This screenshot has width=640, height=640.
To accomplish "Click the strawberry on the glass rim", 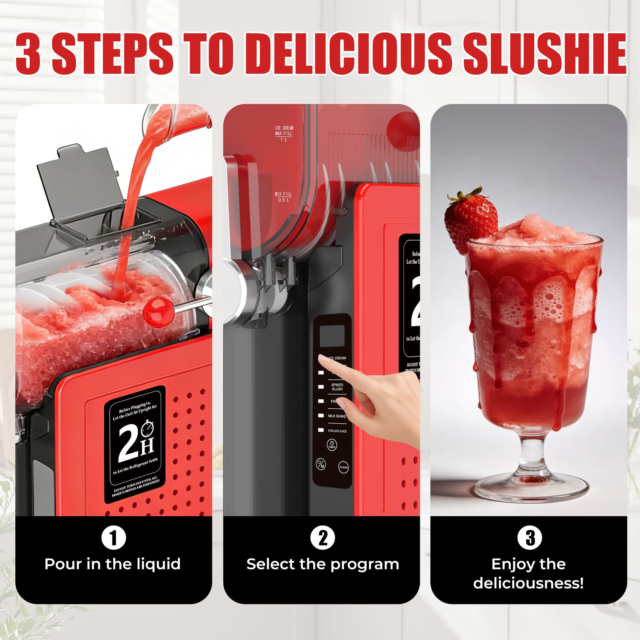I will (x=470, y=219).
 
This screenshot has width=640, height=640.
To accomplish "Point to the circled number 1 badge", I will (x=114, y=538).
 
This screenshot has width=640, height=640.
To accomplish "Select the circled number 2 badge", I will (x=323, y=538).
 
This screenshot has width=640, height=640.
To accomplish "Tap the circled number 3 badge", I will (x=530, y=538).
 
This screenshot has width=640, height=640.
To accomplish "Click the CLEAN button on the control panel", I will (x=343, y=468).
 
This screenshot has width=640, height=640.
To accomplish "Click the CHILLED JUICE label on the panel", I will (x=337, y=431).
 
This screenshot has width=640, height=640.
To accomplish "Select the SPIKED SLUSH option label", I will (x=337, y=387).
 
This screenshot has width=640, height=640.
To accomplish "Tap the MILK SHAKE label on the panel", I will (x=337, y=416).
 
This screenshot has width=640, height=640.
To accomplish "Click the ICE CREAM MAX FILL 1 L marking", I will (x=284, y=133).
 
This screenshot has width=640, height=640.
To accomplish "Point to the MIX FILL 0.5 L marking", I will (x=283, y=197).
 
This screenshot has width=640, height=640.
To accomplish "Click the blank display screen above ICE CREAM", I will (x=332, y=336).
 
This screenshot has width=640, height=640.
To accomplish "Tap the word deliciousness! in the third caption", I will (x=528, y=583).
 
